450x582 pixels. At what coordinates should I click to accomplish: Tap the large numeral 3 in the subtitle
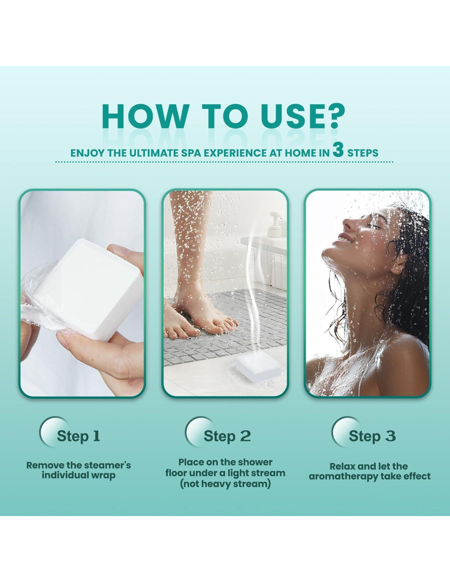point(338,150)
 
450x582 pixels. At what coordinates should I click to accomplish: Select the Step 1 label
point(78,436)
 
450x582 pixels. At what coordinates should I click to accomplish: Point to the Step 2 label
point(227,436)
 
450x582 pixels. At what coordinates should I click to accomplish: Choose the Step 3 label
point(372,436)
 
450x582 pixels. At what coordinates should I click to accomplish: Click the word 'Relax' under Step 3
point(343,466)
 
